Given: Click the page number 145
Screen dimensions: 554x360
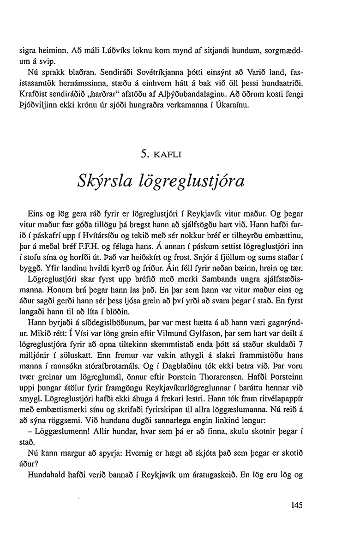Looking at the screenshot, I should pos(297,506).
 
